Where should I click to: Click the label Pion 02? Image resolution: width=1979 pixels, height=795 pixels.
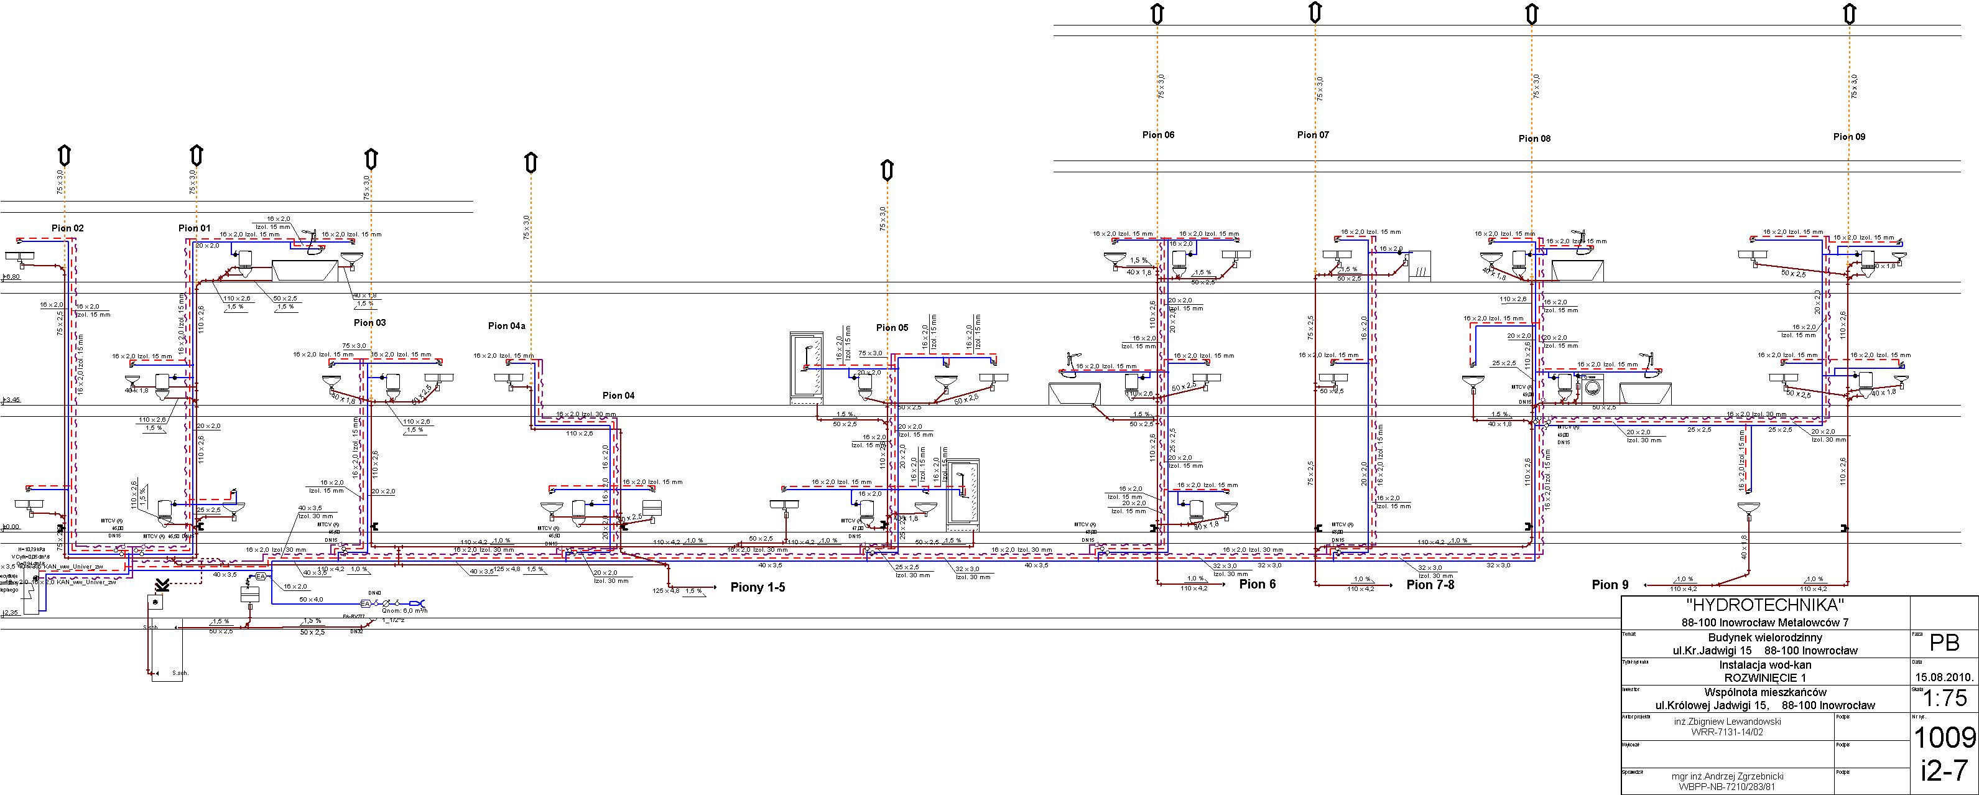[68, 228]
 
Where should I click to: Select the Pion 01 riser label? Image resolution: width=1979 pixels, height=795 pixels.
[193, 228]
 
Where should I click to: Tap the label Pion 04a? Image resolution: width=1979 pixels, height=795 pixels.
[506, 326]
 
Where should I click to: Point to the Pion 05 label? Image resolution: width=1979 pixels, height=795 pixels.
[892, 327]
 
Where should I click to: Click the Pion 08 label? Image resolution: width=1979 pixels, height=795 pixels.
[1534, 139]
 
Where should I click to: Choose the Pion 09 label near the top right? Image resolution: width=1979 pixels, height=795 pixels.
[1848, 137]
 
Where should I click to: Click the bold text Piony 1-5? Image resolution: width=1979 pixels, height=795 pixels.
[758, 588]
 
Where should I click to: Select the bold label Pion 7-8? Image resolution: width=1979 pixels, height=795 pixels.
[1430, 585]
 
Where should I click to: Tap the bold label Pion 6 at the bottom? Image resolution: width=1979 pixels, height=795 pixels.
[1257, 583]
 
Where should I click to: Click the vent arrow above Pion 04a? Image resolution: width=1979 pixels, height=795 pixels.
[530, 163]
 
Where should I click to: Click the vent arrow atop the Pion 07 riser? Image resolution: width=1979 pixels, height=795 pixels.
[1315, 12]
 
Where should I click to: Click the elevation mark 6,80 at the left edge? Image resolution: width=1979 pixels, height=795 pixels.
[12, 277]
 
